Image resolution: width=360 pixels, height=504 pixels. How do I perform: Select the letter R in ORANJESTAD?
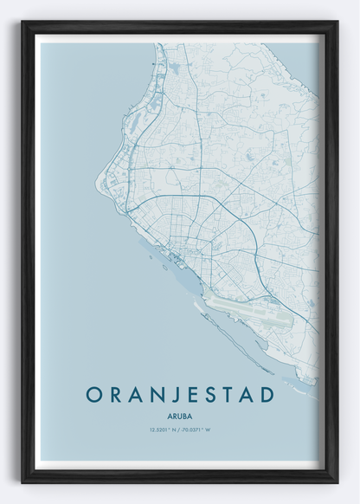pyautogui.click(x=112, y=394)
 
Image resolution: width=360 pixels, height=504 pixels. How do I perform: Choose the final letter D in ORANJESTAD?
pyautogui.click(x=267, y=394)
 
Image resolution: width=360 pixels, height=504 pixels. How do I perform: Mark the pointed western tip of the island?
pyautogui.click(x=96, y=183)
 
